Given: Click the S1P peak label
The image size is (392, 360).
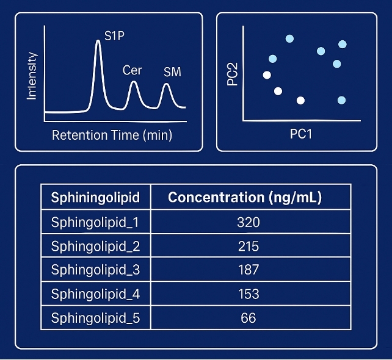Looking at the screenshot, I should point(115,36).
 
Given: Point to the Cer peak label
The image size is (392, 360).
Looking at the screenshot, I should point(132,70).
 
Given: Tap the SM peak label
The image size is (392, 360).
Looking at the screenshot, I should point(172,73).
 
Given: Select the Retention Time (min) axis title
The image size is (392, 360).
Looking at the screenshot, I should point(112,135).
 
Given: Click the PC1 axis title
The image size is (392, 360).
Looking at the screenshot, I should point(301,134).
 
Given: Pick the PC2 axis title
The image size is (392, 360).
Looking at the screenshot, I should point(232,72).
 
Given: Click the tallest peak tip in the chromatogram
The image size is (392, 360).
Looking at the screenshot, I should point(98,41).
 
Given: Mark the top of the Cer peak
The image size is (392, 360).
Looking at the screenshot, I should point(134,82).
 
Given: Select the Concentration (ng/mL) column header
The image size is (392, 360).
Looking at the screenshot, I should point(245,198).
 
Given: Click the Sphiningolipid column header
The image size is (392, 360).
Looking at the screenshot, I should point(95,198).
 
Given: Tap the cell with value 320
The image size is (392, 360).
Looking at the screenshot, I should point(248,222).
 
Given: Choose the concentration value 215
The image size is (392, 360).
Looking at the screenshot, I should point(248,246).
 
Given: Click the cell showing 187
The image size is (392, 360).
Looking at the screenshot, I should point(248,270).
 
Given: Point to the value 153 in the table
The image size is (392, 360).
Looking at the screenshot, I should point(248,293).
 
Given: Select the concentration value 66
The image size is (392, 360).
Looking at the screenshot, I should point(248,317).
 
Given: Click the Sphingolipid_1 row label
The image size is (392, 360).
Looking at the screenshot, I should point(95,222).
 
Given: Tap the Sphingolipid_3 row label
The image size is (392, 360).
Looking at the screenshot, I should point(95,270).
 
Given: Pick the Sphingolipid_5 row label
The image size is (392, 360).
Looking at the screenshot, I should point(95,317).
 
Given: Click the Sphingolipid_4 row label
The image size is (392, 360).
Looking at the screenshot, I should point(95,293).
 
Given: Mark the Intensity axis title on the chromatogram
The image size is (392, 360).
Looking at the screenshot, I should point(32,76).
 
